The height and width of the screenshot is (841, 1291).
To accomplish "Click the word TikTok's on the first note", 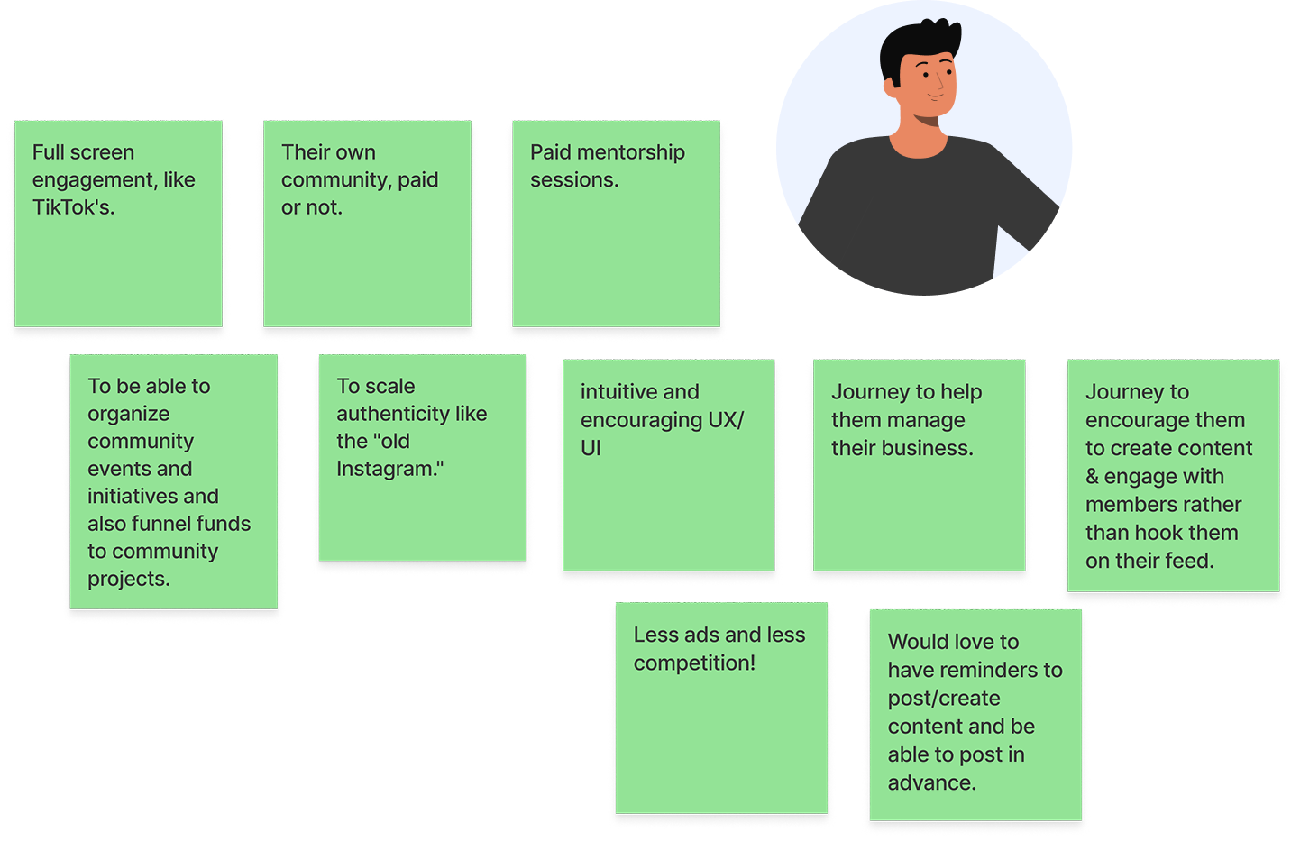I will (72, 207).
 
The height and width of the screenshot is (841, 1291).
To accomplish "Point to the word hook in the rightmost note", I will (1159, 533).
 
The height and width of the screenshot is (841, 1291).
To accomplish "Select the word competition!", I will (694, 663).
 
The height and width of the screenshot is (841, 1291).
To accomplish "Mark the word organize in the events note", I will (128, 414).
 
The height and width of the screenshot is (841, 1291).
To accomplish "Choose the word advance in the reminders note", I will (930, 782).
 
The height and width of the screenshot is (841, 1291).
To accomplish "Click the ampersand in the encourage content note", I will (1092, 477).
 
